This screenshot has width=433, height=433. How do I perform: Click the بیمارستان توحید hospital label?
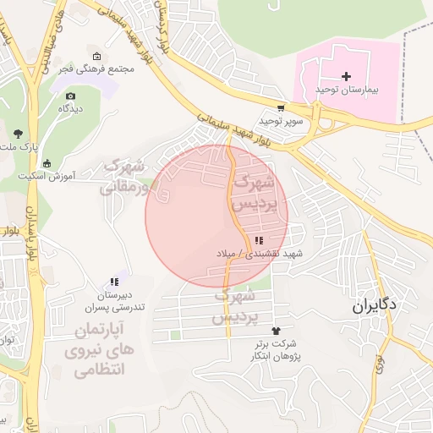point(346,89)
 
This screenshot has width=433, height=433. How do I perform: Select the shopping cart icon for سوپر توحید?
point(281,108)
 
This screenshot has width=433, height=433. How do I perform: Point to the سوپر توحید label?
point(281,121)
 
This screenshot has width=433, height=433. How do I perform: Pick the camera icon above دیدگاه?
point(69,96)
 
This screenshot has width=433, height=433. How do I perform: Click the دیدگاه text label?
point(69,109)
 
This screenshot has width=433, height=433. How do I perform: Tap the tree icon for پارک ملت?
point(18,134)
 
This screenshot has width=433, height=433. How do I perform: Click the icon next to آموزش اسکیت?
point(46,163)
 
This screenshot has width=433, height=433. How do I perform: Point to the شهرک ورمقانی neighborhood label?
point(123,176)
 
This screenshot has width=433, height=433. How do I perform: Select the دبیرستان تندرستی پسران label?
point(112,300)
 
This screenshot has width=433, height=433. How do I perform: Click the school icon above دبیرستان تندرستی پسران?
point(112,282)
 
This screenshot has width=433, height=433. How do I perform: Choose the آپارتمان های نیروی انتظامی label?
point(93,348)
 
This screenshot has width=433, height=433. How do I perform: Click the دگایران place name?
point(375,306)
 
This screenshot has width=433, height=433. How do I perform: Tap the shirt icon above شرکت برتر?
point(274,331)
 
